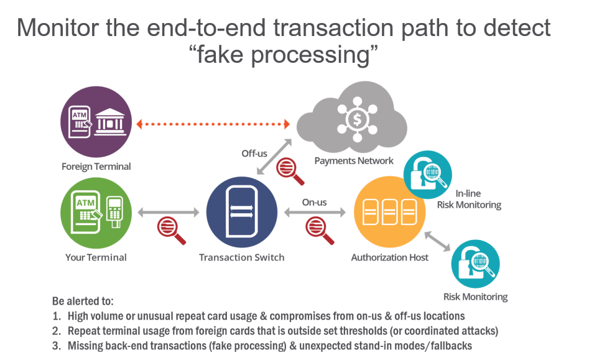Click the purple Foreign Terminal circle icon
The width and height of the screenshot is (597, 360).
(x=96, y=122)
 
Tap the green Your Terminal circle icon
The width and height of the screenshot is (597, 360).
(x=96, y=213)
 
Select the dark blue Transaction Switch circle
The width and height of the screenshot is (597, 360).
(x=242, y=212)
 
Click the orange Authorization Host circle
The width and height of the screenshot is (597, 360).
(x=389, y=212)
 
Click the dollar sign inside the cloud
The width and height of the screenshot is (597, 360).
(x=357, y=119)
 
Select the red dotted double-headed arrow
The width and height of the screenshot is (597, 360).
(x=213, y=124)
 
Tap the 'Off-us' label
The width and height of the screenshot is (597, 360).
(x=254, y=154)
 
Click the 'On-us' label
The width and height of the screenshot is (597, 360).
(x=314, y=202)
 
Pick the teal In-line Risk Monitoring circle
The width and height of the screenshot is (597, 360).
(x=428, y=175)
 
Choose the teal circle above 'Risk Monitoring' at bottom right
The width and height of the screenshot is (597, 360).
(x=475, y=264)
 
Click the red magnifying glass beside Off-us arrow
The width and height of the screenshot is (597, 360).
(x=289, y=170)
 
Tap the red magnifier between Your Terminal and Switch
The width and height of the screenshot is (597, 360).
(x=171, y=230)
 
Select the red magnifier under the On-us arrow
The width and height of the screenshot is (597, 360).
(x=319, y=230)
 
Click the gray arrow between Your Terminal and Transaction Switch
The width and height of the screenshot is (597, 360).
(x=169, y=212)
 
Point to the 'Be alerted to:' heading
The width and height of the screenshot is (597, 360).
(x=83, y=301)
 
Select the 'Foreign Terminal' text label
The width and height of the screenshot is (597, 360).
(x=96, y=166)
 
